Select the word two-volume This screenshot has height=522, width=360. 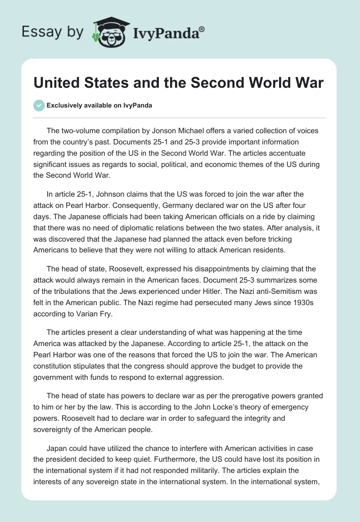[x=81, y=131]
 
